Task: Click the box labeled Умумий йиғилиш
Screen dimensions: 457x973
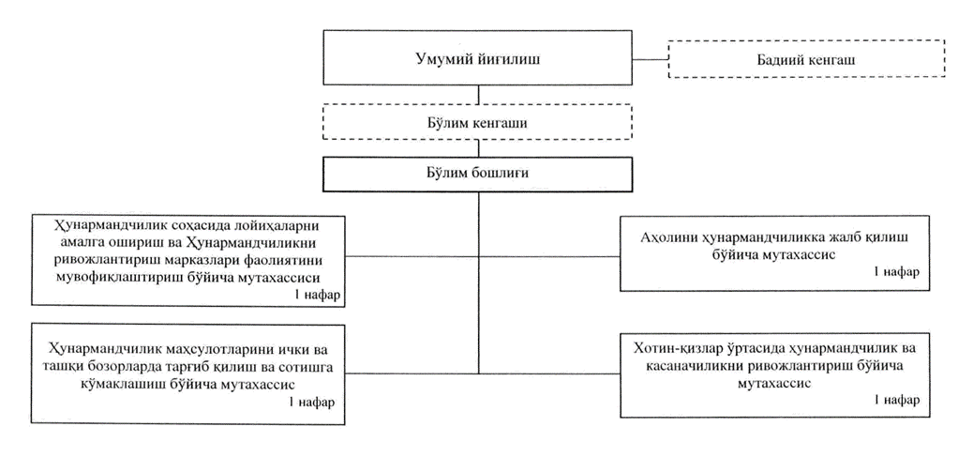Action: click(479, 58)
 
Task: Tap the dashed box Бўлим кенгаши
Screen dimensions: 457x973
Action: click(479, 123)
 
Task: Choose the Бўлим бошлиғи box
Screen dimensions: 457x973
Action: click(479, 173)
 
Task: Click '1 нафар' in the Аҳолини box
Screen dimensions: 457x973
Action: click(895, 272)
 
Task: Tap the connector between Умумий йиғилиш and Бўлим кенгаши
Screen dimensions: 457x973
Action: click(479, 95)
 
